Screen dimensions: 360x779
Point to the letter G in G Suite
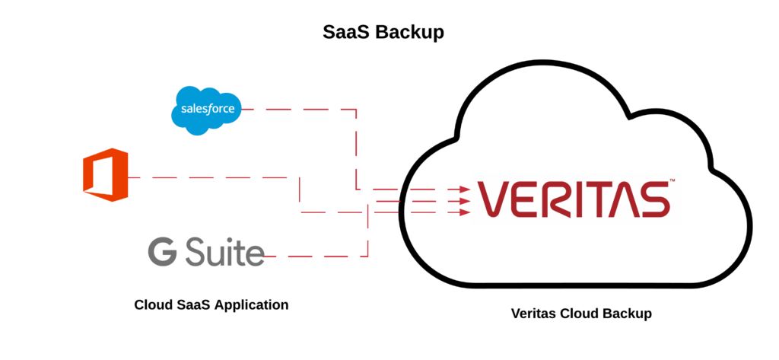pos(161,251)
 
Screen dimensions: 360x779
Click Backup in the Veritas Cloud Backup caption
pos(628,313)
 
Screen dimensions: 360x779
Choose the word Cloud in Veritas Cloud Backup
pos(581,313)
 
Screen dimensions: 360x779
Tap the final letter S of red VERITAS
pos(653,199)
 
